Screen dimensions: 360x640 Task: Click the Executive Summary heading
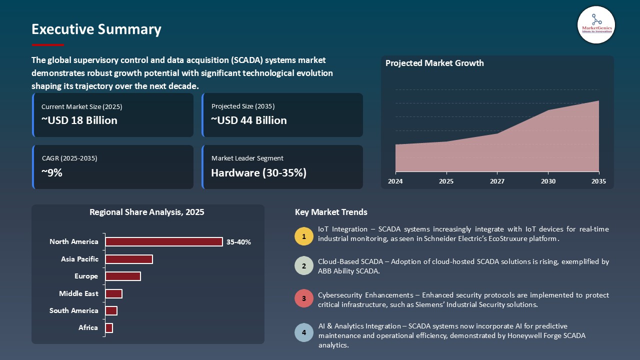point(96,29)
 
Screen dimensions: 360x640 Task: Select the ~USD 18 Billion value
point(79,120)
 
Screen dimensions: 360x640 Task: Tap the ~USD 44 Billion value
point(249,120)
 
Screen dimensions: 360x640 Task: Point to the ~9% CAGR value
point(52,173)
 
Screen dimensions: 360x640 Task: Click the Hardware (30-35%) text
point(258,173)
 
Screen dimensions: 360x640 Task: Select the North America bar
point(163,242)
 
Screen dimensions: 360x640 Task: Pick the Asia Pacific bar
point(128,259)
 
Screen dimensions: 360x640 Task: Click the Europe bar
point(123,276)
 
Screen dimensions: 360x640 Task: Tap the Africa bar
point(109,328)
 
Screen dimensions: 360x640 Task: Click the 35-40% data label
point(238,242)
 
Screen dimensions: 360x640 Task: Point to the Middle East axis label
point(78,293)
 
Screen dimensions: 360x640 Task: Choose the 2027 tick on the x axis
point(497,181)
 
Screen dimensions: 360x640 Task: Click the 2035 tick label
point(598,181)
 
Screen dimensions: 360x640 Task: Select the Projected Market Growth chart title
point(434,63)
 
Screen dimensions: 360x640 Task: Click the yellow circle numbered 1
point(303,236)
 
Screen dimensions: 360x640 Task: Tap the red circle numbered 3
point(303,298)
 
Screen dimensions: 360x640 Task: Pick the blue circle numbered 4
point(303,332)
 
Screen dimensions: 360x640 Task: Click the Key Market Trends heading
point(331,212)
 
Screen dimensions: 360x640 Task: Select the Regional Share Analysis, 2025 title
point(147,212)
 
